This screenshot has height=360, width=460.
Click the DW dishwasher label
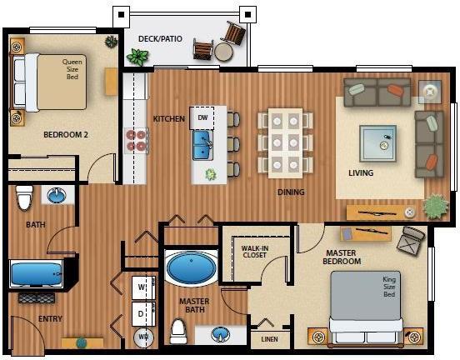[202, 117]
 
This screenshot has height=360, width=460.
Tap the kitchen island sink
[202, 145]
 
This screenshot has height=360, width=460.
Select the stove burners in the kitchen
[136, 141]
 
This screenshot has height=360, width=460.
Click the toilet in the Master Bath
[178, 331]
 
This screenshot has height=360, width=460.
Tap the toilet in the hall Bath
[25, 197]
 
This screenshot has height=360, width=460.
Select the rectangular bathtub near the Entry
[37, 273]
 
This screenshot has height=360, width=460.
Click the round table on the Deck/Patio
[223, 52]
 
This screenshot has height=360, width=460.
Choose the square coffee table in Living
[378, 143]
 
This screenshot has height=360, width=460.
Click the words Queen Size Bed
[72, 69]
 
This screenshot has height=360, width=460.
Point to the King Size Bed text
[389, 287]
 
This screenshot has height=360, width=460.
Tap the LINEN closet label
[269, 339]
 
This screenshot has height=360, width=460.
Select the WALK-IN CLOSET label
[255, 252]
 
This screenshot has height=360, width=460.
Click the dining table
[286, 143]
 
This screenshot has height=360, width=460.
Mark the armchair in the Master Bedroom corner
[411, 240]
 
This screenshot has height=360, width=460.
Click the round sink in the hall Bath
[57, 195]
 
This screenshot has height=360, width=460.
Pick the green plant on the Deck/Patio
[137, 57]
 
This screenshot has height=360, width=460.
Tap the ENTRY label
[50, 318]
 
